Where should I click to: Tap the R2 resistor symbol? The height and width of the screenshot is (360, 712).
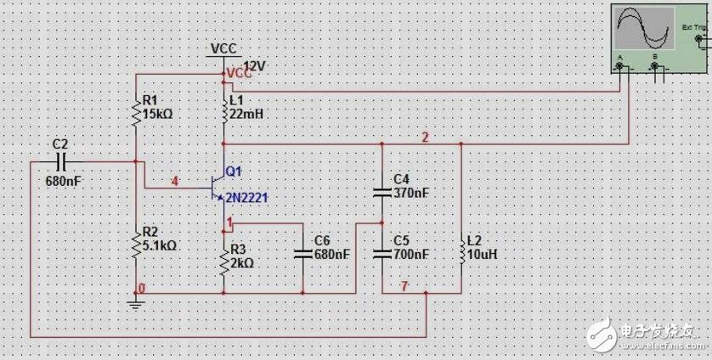(135, 244)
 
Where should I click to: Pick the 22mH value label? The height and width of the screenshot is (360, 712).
(246, 114)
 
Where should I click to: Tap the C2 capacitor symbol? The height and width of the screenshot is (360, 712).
(60, 160)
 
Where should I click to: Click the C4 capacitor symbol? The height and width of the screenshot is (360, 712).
(381, 193)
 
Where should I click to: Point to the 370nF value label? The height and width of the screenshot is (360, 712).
(411, 193)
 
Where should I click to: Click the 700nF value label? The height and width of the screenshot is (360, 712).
(411, 254)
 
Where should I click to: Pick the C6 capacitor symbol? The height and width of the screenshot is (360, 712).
(302, 253)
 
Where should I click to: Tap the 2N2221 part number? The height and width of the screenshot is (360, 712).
(247, 198)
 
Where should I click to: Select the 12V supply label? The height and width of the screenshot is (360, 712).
(256, 65)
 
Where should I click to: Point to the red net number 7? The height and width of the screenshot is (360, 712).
(404, 286)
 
